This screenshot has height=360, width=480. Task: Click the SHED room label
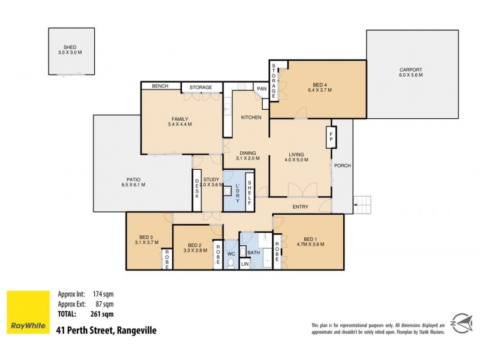(70, 47)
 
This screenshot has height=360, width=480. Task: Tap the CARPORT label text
(410, 70)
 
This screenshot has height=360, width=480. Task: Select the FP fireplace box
(331, 137)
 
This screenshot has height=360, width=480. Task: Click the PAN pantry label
(262, 89)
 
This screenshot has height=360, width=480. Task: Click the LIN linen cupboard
(245, 264)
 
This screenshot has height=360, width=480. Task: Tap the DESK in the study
(197, 190)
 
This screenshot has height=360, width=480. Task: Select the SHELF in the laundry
(250, 192)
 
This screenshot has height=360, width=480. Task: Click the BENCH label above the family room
(160, 86)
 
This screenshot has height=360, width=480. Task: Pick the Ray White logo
(28, 312)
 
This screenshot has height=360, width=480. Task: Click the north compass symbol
(462, 323)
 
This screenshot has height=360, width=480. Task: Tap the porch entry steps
(363, 205)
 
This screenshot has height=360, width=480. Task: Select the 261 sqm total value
(102, 314)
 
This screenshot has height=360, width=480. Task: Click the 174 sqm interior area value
(103, 294)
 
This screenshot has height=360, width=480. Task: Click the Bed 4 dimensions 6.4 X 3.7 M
(320, 90)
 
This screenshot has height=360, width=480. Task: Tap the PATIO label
(133, 179)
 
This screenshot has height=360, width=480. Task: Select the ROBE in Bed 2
(218, 254)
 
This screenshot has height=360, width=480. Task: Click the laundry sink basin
(227, 191)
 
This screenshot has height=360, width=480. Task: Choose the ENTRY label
(301, 207)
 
